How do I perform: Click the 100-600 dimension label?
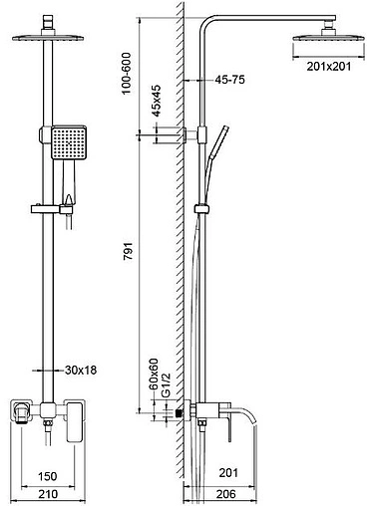pos(127,74)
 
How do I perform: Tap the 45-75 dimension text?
pos(229,80)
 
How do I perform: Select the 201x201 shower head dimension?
pos(328,66)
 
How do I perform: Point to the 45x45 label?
pos(156,101)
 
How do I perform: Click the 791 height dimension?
pos(129,251)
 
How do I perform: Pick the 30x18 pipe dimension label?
pos(81,370)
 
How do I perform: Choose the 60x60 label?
pos(154,375)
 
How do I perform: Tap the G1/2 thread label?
pos(166,384)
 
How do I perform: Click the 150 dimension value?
pos(48,476)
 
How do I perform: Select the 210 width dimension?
pos(48,494)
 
